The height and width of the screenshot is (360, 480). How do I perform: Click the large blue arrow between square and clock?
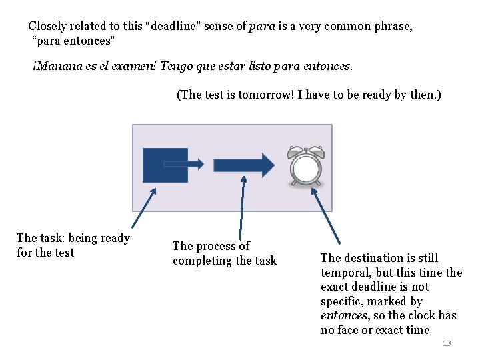click(x=243, y=165)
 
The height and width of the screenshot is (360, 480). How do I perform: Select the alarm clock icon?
click(x=305, y=166)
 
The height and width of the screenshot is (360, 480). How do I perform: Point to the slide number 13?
click(x=447, y=343)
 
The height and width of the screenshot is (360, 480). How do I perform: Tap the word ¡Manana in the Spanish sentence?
click(x=55, y=67)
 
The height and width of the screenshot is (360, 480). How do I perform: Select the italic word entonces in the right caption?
click(x=343, y=316)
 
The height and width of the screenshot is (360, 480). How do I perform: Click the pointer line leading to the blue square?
click(x=143, y=208)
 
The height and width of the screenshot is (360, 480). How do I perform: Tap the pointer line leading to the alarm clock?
click(x=326, y=215)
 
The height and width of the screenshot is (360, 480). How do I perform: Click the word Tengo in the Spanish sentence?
click(x=199, y=67)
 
